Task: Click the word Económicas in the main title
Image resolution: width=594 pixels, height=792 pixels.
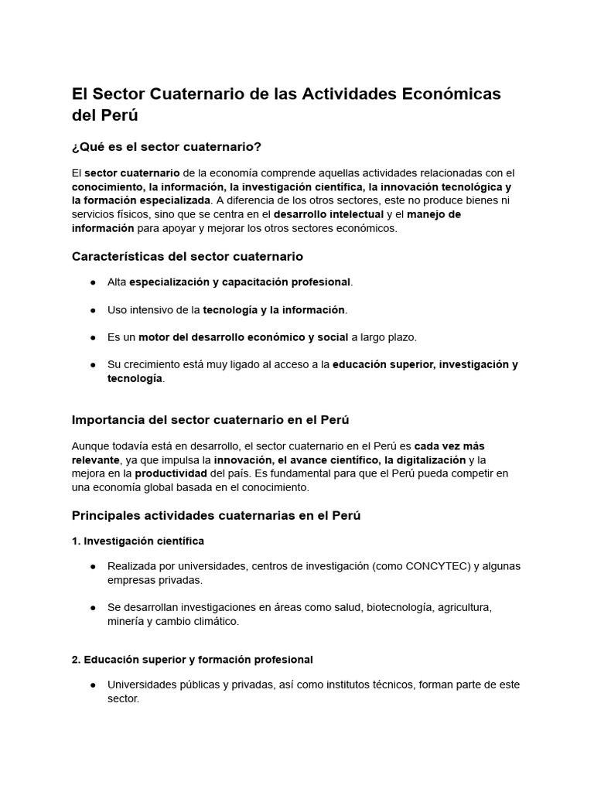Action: click(450, 94)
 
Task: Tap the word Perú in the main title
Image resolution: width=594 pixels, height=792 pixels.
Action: click(119, 115)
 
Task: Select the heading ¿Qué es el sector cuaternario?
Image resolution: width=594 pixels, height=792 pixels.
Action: click(166, 147)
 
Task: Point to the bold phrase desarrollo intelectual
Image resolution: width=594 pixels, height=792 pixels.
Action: click(329, 214)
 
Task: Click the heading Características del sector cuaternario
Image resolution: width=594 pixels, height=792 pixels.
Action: click(187, 256)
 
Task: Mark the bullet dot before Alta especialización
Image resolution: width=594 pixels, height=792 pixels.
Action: click(93, 282)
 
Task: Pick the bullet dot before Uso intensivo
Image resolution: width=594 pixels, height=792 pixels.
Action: click(93, 310)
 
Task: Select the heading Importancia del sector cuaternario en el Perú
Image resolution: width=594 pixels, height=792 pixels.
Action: click(210, 420)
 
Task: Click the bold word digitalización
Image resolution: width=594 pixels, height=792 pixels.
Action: click(425, 459)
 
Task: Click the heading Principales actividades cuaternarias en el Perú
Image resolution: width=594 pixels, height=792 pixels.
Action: click(216, 515)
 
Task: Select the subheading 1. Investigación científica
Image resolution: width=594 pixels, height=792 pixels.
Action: click(138, 541)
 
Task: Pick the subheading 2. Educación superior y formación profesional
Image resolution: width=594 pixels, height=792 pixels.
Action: click(192, 660)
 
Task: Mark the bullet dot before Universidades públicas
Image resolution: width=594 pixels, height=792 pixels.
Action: click(93, 685)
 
